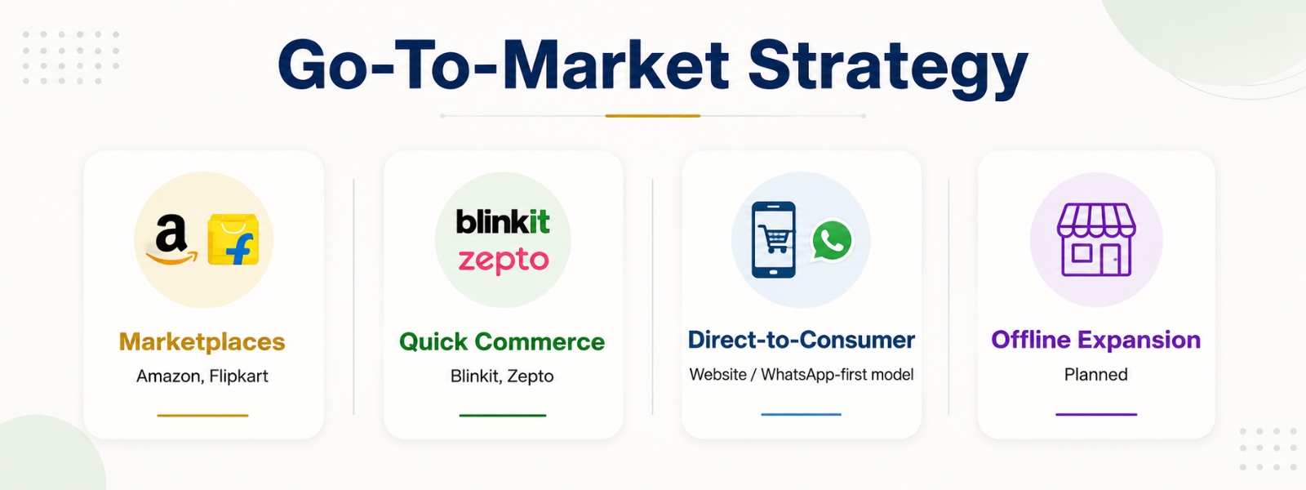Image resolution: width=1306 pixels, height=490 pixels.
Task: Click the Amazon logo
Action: click(171, 240)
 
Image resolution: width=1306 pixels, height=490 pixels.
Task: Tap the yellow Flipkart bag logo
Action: click(233, 240)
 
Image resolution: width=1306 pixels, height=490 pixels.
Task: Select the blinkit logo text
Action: click(503, 220)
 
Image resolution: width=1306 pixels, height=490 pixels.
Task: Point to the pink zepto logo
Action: click(503, 261)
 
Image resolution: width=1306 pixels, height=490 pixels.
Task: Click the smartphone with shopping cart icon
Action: click(774, 240)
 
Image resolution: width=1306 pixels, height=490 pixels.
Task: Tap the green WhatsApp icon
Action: click(832, 240)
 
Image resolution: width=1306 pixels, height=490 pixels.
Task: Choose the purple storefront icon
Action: click(1096, 240)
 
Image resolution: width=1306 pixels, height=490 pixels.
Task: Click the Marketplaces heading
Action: click(202, 342)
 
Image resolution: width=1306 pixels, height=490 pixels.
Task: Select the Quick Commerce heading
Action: click(502, 342)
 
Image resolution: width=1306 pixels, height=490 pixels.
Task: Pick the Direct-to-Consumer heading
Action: click(802, 340)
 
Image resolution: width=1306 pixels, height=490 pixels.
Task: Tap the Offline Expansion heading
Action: click(1096, 340)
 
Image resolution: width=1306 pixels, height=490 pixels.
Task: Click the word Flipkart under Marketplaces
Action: click(238, 376)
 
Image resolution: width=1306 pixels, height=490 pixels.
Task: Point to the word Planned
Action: click(1096, 375)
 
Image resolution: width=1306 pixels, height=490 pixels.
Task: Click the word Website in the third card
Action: click(717, 375)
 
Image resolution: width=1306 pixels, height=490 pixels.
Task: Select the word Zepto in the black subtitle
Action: click(531, 376)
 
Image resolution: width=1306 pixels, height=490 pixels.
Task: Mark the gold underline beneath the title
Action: click(653, 116)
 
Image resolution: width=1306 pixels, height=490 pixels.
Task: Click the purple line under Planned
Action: click(1096, 414)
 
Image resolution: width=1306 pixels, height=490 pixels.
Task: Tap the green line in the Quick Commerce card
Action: click(503, 416)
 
